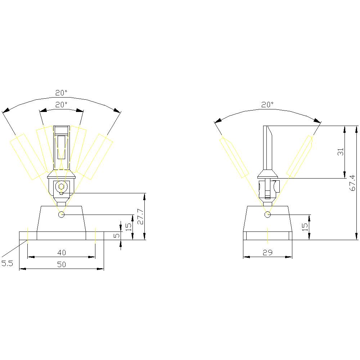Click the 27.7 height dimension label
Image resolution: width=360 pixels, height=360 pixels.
(141, 216)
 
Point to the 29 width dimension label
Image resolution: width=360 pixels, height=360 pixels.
(267, 252)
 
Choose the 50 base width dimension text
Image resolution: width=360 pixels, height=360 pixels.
(62, 265)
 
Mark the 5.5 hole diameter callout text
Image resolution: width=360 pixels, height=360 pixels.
(7, 264)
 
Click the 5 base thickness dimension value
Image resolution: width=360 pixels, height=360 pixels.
(116, 235)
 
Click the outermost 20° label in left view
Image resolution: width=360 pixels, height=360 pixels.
(61, 93)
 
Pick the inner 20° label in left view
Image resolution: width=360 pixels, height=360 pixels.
(61, 104)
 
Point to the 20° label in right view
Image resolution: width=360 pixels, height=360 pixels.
(267, 104)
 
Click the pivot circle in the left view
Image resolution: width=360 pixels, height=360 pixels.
(62, 215)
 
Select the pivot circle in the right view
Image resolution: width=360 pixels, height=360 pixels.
(267, 215)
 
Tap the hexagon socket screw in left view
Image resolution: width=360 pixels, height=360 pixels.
(62, 186)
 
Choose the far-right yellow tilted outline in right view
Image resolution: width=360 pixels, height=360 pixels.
(300, 157)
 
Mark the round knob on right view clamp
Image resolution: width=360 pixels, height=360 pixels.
(276, 186)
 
